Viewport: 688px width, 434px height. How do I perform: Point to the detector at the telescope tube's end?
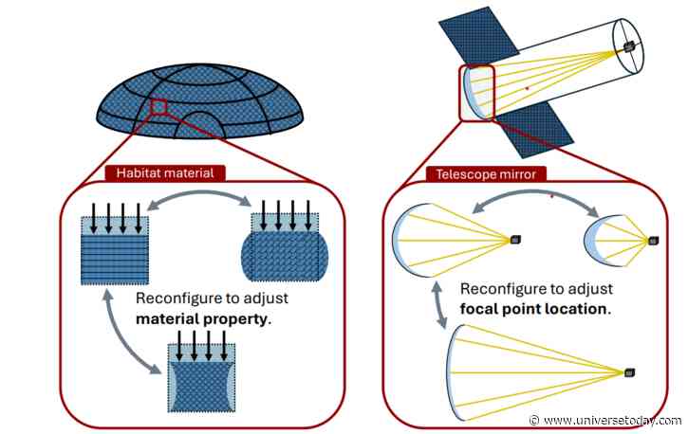[x=628, y=46]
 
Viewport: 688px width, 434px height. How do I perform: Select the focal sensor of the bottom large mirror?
[x=629, y=370]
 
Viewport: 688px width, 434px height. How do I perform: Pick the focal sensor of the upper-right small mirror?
[x=654, y=241]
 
